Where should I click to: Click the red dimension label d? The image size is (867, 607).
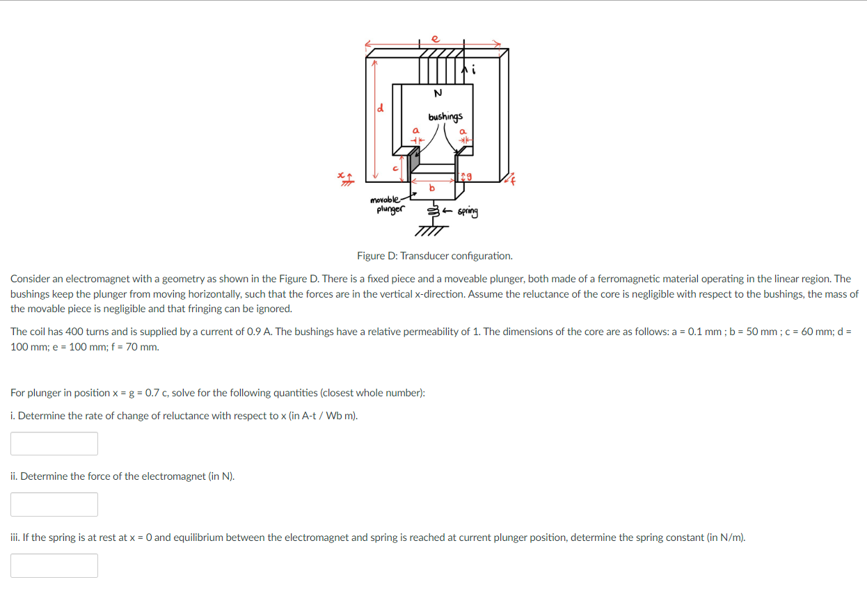pos(380,108)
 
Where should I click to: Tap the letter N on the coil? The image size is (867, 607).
pos(438,94)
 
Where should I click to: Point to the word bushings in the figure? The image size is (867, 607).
pos(445,117)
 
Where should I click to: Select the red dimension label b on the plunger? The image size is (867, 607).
pos(431,188)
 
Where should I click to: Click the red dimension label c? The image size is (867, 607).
pos(396,168)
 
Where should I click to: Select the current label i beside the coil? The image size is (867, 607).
pos(474,70)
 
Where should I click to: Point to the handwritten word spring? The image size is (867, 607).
pos(468,211)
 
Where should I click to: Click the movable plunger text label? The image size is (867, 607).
pos(386,204)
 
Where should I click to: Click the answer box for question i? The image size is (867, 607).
pos(54,444)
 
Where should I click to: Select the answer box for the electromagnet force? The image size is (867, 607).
pos(54,504)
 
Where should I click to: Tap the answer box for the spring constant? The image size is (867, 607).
pos(54,565)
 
